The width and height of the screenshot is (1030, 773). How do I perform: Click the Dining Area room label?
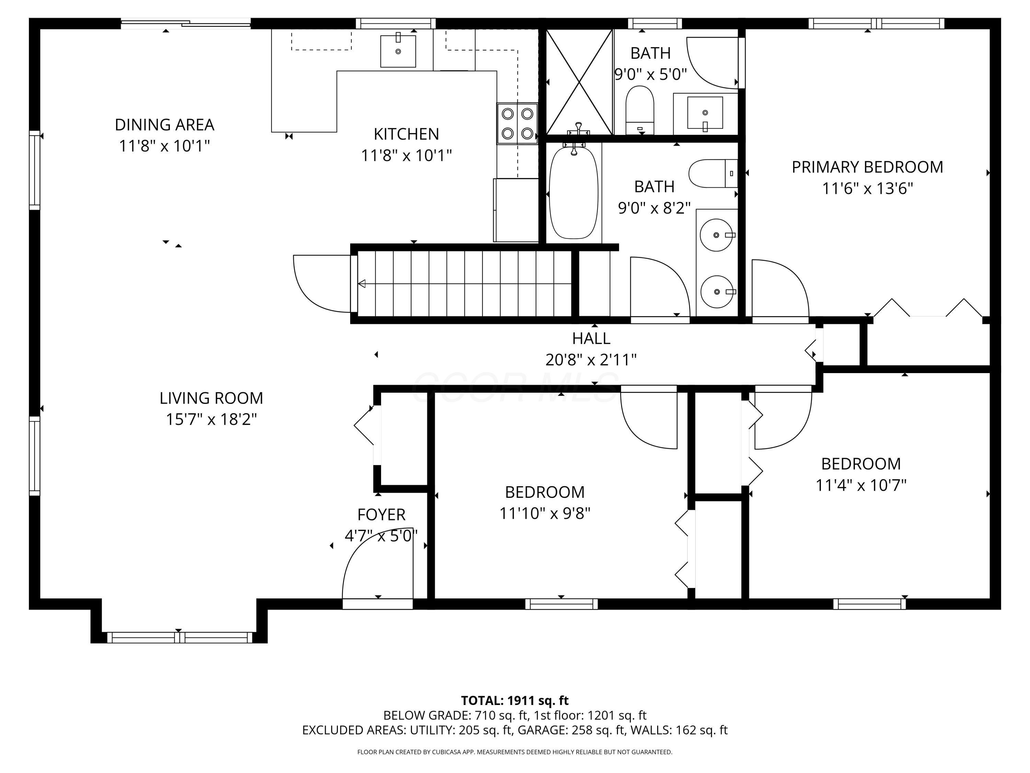[x=164, y=125]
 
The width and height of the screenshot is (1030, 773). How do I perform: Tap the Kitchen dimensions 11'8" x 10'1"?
[x=407, y=155]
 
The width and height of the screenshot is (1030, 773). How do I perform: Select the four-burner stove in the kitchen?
[x=517, y=123]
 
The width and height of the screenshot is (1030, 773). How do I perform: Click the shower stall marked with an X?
[x=579, y=82]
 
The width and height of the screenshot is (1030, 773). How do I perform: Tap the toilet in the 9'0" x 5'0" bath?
[x=640, y=110]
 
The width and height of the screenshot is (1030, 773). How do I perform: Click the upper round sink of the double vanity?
[x=718, y=235]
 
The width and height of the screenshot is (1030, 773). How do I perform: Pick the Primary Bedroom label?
[x=868, y=167]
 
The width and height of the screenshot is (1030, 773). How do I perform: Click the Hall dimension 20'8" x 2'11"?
[x=591, y=360]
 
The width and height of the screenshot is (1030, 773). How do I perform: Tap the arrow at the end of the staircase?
[x=361, y=283]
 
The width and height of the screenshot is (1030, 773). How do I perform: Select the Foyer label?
[x=381, y=514]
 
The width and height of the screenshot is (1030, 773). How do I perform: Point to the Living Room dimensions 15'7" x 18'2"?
[x=211, y=419]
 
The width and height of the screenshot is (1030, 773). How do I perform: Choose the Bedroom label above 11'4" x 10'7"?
[x=861, y=463]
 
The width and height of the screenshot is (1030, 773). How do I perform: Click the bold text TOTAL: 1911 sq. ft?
[x=515, y=700]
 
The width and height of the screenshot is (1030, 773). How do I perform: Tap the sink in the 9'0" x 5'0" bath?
[x=705, y=113]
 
